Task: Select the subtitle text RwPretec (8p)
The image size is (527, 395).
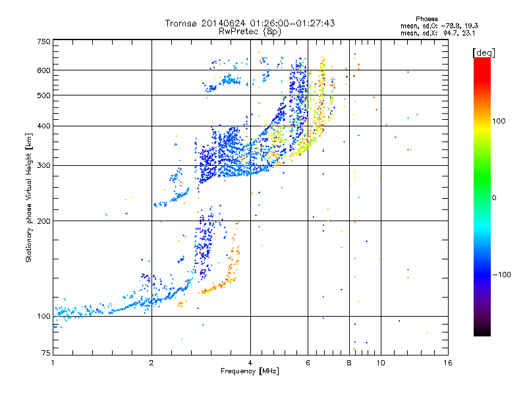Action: [x=250, y=32]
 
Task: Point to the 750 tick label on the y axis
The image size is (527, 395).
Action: [x=43, y=41]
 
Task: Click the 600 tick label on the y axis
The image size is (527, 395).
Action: [x=43, y=70]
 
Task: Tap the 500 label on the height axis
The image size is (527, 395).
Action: [x=43, y=95]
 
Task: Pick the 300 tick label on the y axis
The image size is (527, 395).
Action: [x=43, y=165]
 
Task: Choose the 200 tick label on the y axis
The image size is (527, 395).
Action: [x=43, y=221]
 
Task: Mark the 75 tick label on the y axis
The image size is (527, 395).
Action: [x=46, y=353]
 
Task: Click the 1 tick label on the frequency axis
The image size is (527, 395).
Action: [x=53, y=363]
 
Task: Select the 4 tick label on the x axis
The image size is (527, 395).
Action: [x=250, y=363]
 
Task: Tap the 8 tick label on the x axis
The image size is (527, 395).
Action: [x=349, y=363]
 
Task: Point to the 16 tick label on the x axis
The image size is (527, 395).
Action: [x=448, y=363]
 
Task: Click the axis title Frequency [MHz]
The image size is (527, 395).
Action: [x=250, y=371]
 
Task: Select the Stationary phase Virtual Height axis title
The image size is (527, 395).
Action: [x=28, y=198]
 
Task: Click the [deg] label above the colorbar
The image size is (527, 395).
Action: [x=484, y=53]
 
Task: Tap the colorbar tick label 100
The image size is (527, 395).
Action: [x=499, y=121]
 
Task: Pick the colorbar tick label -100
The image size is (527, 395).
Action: [x=502, y=275]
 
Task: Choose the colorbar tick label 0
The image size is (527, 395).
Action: [x=494, y=198]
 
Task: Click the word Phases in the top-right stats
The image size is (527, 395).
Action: [x=427, y=19]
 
